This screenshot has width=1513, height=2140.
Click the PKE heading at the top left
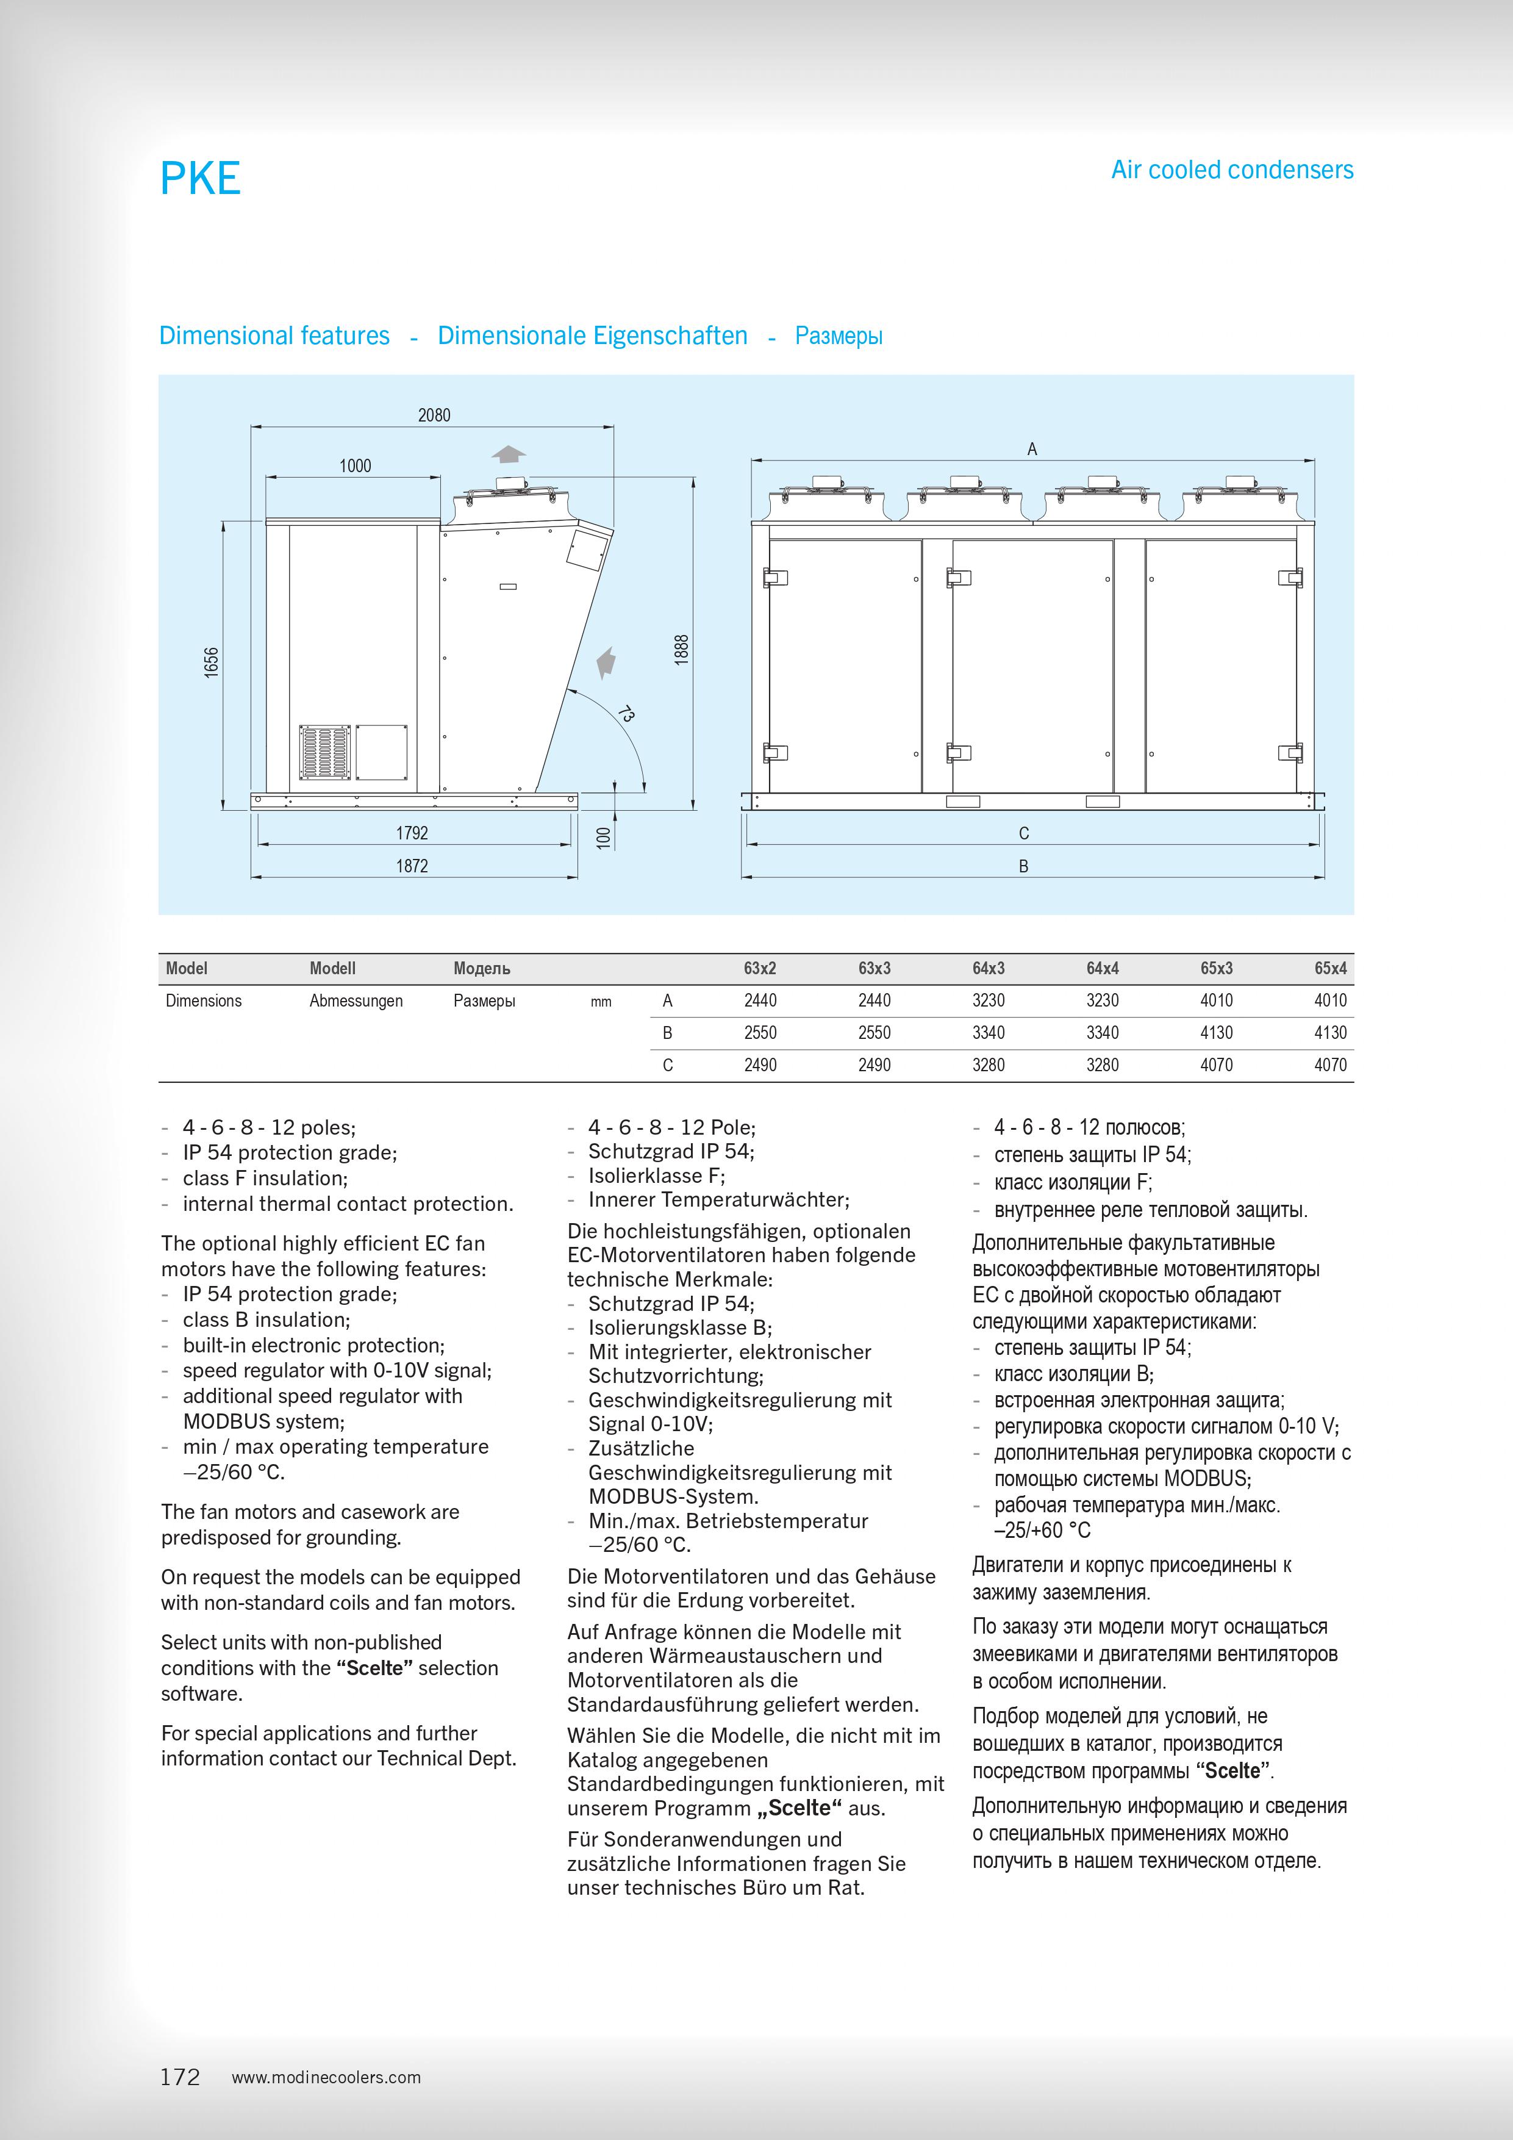point(200,178)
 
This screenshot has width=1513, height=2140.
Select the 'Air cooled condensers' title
point(1232,170)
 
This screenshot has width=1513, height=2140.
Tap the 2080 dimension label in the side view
point(434,415)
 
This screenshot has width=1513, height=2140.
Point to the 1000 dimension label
point(355,465)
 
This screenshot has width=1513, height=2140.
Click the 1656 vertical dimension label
point(212,662)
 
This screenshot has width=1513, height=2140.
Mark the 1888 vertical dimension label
point(682,650)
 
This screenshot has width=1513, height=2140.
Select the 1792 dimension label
point(412,832)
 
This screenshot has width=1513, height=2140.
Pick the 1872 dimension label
point(412,866)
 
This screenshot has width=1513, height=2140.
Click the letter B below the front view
point(1023,866)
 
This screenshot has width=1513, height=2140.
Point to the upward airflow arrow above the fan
point(509,454)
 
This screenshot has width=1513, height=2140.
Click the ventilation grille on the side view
point(325,752)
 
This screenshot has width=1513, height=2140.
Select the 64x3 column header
point(989,968)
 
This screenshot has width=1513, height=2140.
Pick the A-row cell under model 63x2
point(760,1000)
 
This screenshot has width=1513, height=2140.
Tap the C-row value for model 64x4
point(1102,1065)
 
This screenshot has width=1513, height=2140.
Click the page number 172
point(180,2077)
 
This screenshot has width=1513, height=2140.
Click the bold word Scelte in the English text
point(374,1667)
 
